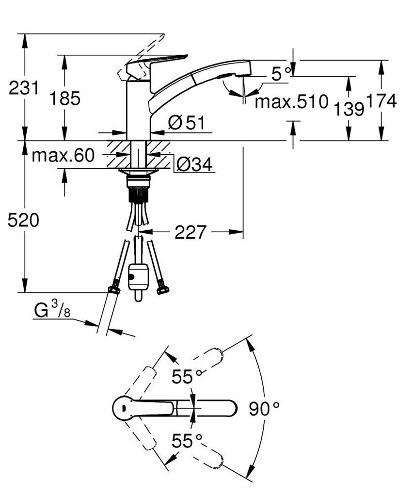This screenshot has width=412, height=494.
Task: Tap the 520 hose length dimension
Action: click(23, 221)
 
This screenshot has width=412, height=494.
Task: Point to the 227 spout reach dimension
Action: click(190, 232)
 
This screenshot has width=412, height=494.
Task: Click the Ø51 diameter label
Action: click(187, 124)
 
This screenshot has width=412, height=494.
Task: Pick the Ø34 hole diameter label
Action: click(194, 165)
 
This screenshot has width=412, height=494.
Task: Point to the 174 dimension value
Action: click(381, 101)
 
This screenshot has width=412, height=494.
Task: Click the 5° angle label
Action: click(282, 74)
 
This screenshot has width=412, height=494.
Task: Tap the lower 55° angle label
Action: click(187, 441)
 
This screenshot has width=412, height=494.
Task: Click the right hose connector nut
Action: click(162, 290)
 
